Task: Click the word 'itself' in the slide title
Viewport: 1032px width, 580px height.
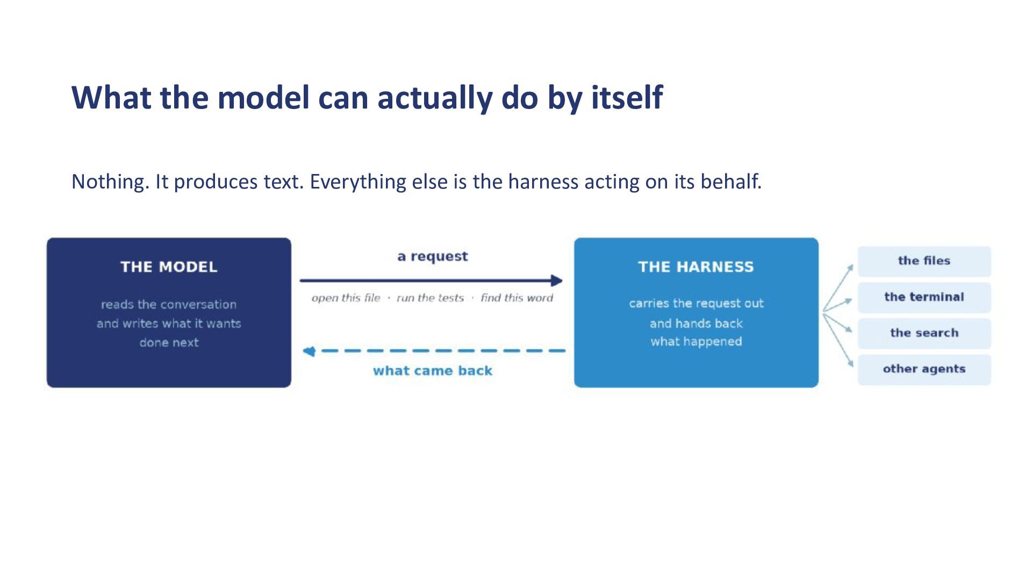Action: [x=627, y=97]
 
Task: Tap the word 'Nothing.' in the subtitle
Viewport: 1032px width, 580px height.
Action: [x=110, y=182]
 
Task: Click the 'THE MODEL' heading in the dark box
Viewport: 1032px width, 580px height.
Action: [x=169, y=267]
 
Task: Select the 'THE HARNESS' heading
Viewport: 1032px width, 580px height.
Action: [x=696, y=267]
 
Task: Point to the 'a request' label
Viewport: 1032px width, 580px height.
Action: [x=433, y=257]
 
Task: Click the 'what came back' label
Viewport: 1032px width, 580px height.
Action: [x=433, y=371]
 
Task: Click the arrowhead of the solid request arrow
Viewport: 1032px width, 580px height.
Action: [x=557, y=280]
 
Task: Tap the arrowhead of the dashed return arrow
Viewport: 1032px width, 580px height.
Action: [x=309, y=351]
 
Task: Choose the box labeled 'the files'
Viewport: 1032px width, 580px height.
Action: [x=924, y=261]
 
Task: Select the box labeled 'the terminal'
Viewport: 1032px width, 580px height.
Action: [x=924, y=297]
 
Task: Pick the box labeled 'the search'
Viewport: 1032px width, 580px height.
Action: [x=924, y=333]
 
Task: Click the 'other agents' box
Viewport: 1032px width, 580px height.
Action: [x=924, y=369]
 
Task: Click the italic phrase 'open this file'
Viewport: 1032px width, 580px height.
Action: [x=346, y=298]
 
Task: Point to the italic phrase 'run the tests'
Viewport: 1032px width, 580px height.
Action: [x=430, y=298]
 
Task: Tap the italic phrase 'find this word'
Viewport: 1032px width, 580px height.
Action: [x=517, y=298]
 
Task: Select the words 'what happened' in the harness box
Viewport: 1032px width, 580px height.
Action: [x=696, y=342]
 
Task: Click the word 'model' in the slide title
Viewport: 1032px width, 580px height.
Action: [x=263, y=97]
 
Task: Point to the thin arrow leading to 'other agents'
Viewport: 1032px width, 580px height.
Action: [x=838, y=340]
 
